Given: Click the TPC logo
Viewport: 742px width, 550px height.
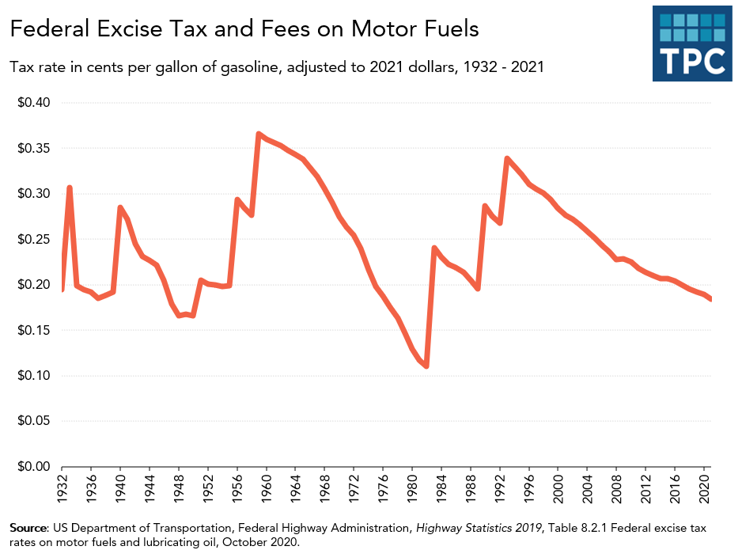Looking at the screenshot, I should [x=692, y=43].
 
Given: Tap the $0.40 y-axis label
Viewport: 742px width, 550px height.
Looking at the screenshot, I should [x=34, y=103].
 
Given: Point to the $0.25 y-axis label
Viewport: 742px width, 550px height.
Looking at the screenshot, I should [x=34, y=240].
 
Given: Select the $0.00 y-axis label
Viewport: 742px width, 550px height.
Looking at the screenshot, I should [x=34, y=467].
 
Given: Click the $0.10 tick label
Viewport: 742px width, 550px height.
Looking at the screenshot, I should [x=34, y=376].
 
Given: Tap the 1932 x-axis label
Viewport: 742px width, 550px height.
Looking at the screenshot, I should [x=62, y=487].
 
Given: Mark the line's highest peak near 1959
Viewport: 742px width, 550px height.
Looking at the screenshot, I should [x=259, y=134].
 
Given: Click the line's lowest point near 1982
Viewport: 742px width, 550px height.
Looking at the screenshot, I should [x=426, y=366].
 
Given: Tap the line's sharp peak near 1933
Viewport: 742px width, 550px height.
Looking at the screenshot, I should [x=70, y=188].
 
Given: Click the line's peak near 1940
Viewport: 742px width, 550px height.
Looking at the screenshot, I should [x=120, y=207].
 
